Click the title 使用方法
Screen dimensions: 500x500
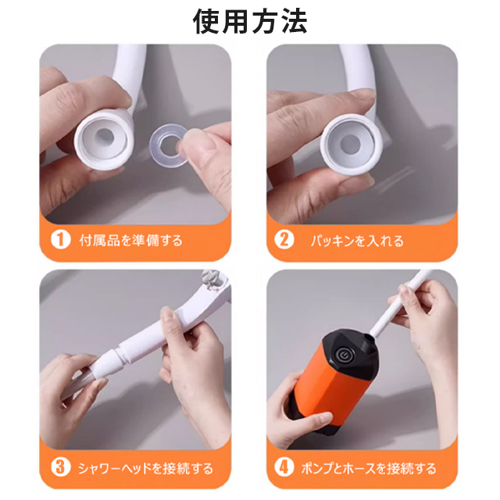tap(250, 21)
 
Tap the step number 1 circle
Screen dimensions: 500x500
tap(60, 240)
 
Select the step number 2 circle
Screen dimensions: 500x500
tap(284, 240)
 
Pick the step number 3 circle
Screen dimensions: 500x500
tap(60, 467)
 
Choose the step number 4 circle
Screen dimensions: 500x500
tap(284, 467)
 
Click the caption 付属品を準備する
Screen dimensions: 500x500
tap(130, 241)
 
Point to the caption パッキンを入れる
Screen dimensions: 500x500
tap(357, 241)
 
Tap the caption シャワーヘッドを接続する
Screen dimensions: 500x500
tap(145, 468)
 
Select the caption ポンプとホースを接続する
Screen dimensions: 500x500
tap(369, 468)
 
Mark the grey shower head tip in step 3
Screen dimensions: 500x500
tap(213, 280)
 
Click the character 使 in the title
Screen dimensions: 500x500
tap(207, 21)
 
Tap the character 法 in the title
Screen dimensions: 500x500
tap(294, 21)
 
